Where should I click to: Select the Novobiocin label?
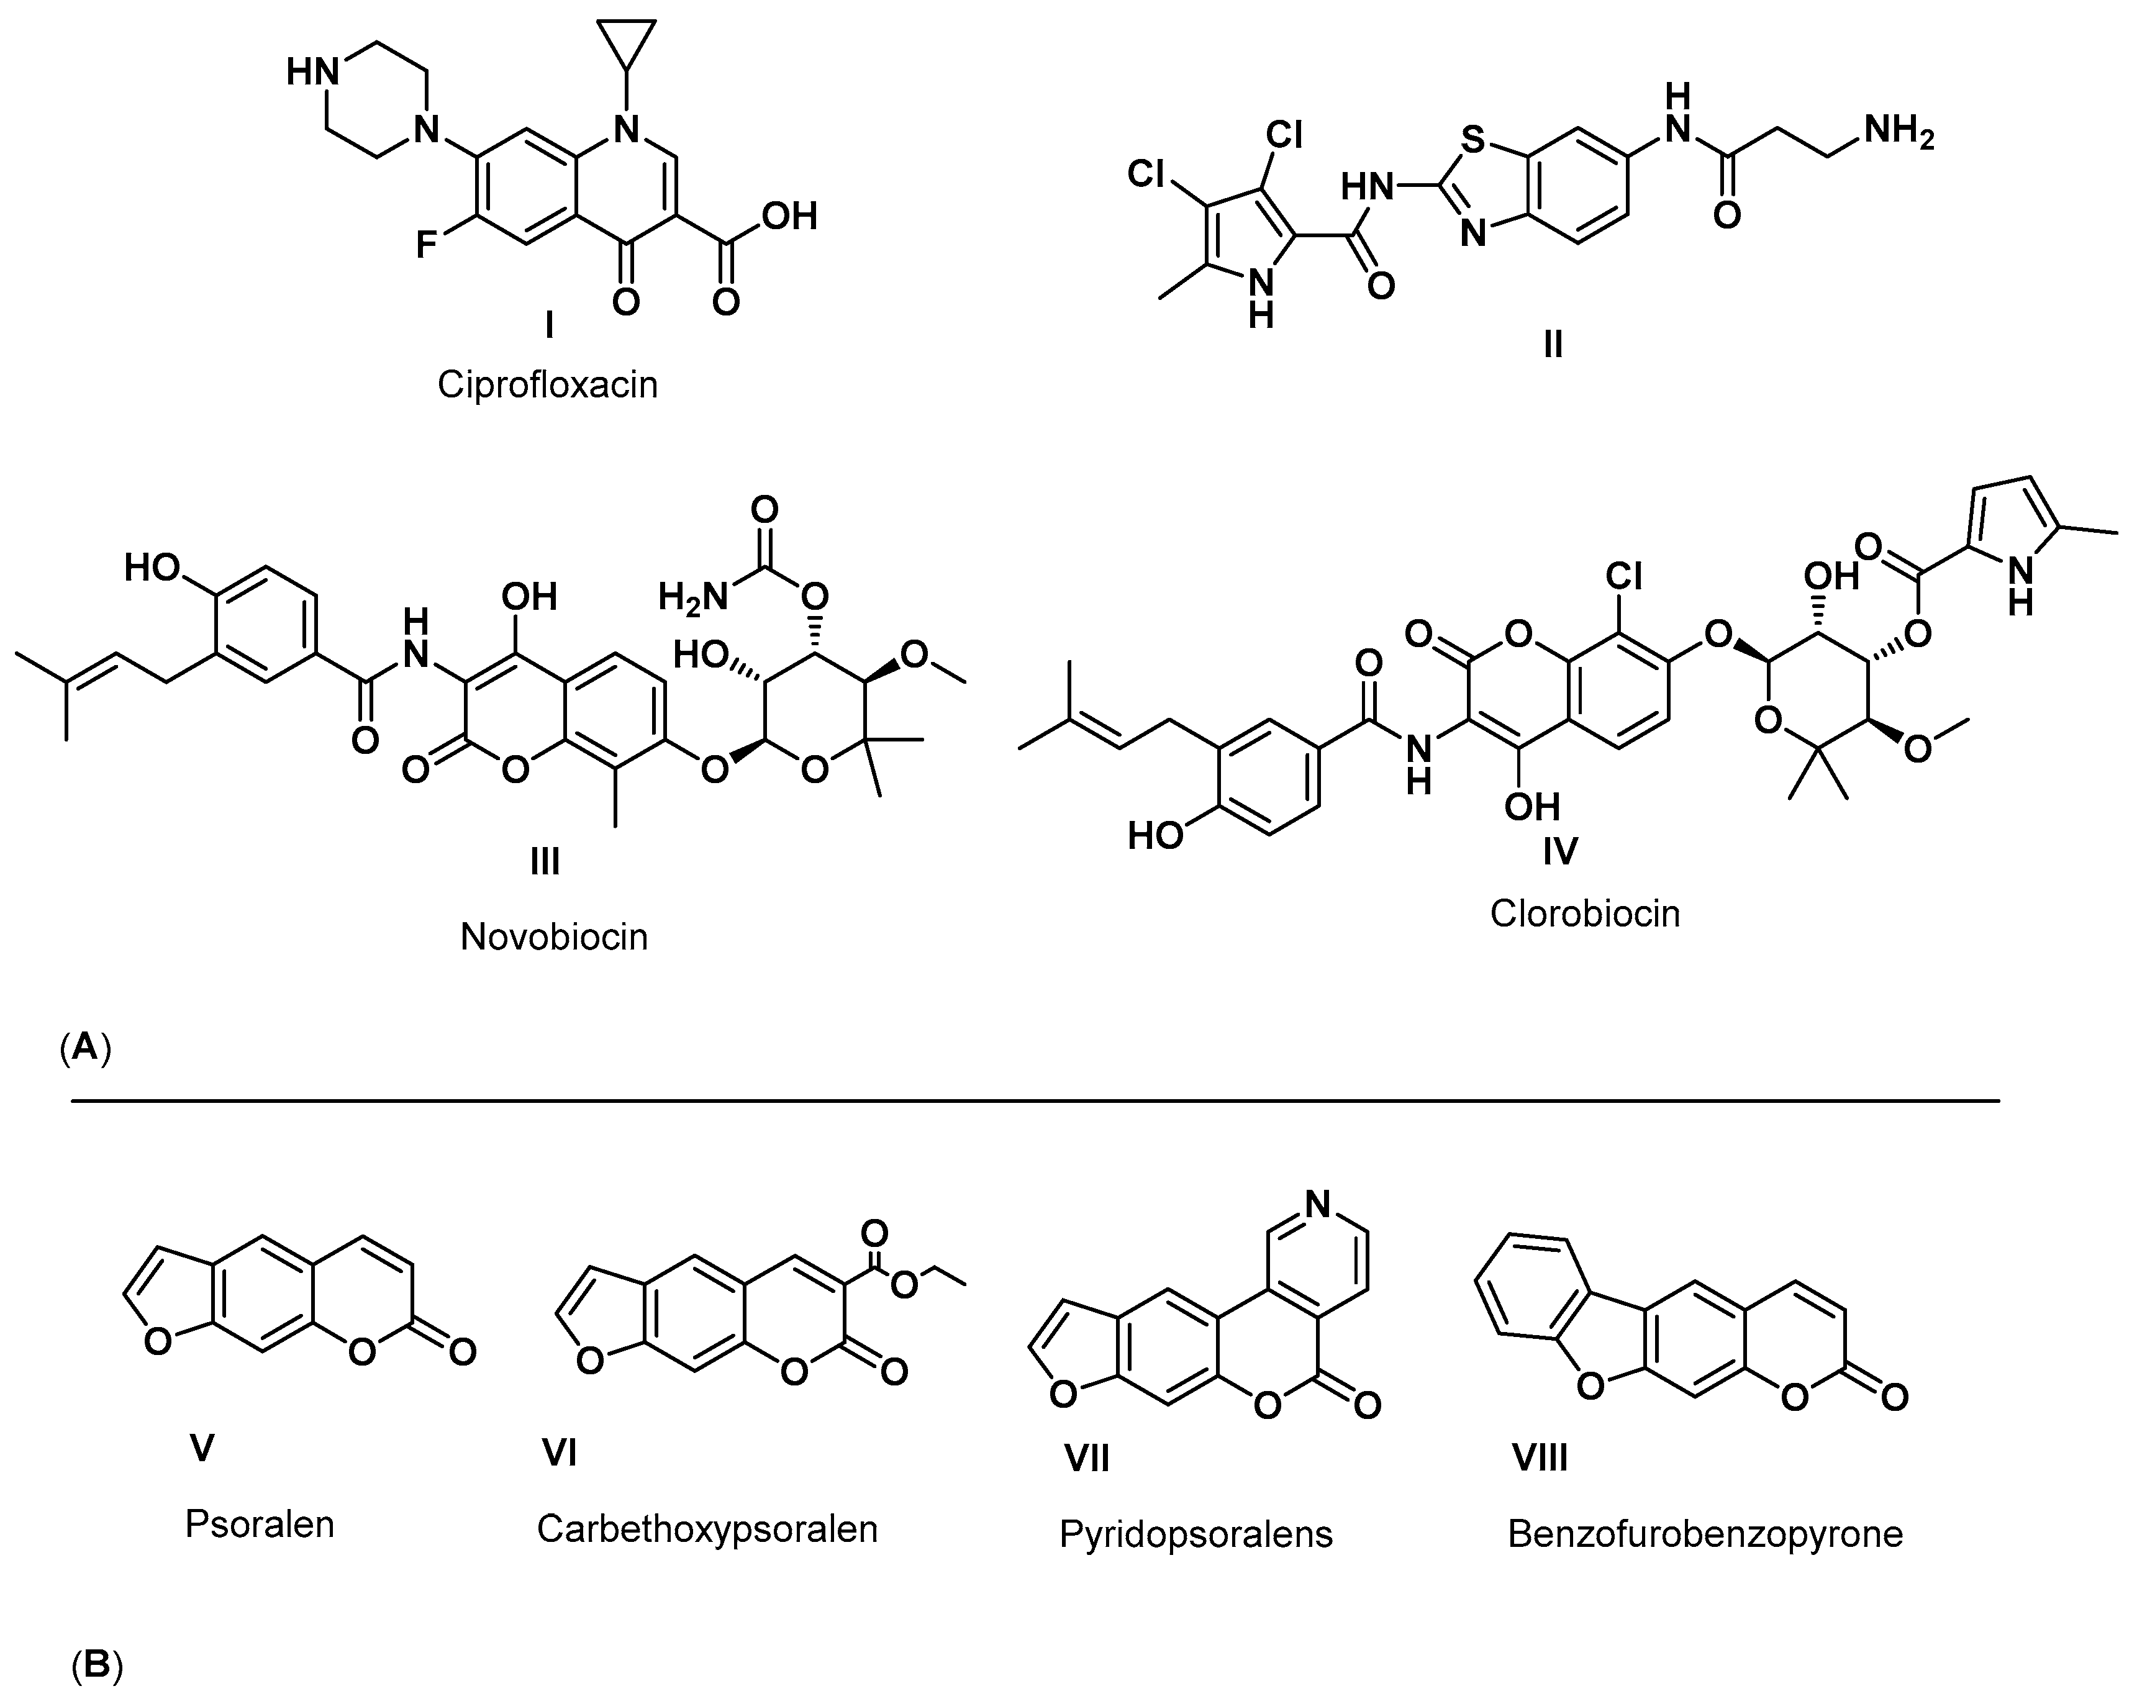[553, 936]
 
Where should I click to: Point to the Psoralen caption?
[260, 1523]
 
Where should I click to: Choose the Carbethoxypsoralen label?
[707, 1528]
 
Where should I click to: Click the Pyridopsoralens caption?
[1196, 1533]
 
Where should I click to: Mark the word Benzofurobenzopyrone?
[1705, 1533]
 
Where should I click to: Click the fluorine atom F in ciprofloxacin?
[426, 243]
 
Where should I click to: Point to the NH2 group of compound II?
[1898, 131]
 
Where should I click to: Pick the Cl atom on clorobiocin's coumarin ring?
[1623, 575]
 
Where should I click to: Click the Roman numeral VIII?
[1540, 1457]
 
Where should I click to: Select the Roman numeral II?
[1553, 344]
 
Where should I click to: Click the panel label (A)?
[85, 1046]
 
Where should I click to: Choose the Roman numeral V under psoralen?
[202, 1448]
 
